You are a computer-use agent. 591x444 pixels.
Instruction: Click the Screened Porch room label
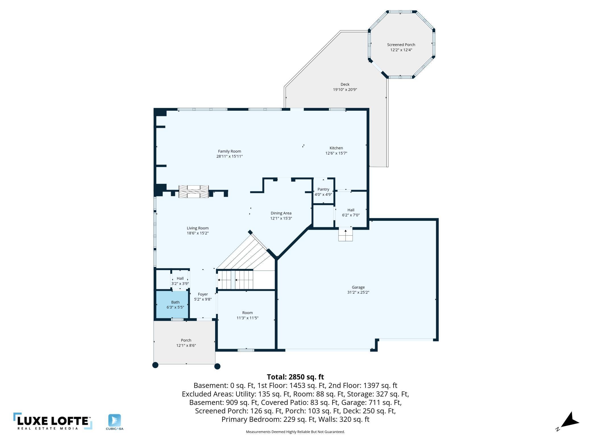[401, 45]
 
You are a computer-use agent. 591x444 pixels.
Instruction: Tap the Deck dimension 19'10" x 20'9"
[345, 90]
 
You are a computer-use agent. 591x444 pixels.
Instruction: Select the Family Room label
[229, 151]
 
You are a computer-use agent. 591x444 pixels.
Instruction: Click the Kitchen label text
[336, 148]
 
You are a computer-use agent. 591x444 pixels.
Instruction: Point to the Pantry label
[323, 189]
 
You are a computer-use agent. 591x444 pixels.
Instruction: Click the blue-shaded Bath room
[172, 305]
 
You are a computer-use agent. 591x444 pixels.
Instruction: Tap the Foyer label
[203, 294]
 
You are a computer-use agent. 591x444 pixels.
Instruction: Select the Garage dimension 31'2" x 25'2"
[358, 292]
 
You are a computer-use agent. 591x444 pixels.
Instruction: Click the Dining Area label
[281, 213]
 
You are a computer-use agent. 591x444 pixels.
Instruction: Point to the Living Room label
[197, 228]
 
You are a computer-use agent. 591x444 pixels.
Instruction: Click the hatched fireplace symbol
[193, 192]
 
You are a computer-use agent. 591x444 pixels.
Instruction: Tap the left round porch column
[155, 365]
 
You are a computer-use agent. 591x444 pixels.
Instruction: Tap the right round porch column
[217, 366]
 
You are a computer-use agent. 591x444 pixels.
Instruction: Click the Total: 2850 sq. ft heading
[295, 377]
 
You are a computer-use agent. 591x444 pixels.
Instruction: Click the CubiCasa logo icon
[115, 420]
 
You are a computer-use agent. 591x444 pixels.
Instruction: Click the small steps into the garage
[346, 235]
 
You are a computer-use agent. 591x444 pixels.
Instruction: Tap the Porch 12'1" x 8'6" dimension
[186, 346]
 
